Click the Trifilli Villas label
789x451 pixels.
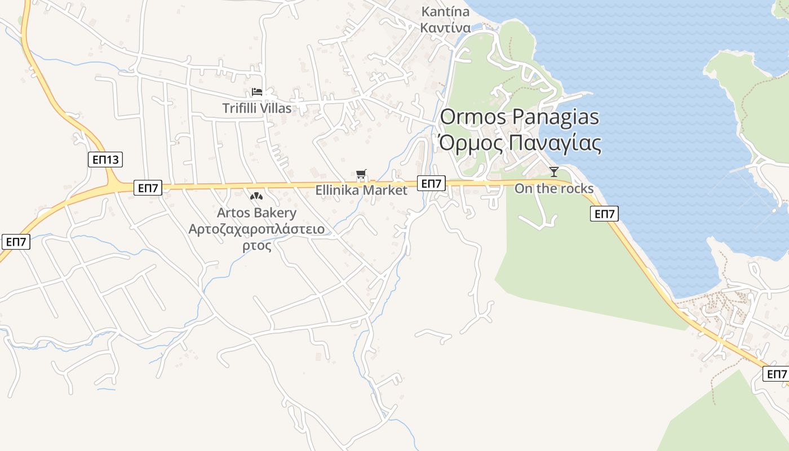[257, 108]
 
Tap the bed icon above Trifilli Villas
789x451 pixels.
[257, 91]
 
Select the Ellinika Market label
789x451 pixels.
[361, 191]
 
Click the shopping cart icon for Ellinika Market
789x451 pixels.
[361, 175]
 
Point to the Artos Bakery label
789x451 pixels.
[257, 213]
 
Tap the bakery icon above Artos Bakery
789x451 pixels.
[256, 196]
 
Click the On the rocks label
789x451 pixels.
[554, 189]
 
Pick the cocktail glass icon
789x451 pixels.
[554, 172]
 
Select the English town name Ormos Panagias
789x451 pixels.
[519, 117]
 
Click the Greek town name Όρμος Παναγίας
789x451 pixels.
[519, 143]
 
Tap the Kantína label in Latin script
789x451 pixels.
[445, 12]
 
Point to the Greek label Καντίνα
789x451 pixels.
[445, 27]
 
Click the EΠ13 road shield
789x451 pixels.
[105, 160]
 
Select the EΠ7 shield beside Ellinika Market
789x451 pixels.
[431, 183]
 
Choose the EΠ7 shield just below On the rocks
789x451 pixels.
[605, 214]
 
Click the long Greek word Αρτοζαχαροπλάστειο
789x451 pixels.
[257, 229]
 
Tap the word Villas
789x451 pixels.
[276, 108]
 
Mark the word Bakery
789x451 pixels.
[276, 213]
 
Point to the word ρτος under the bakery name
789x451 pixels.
[257, 246]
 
